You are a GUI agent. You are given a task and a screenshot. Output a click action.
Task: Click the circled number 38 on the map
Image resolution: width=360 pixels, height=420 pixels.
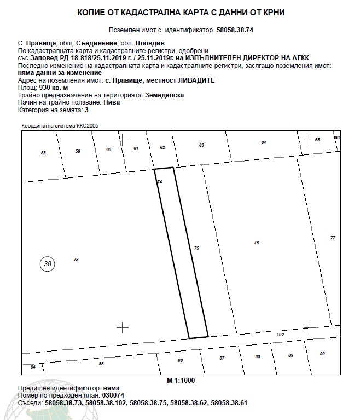point(48,263)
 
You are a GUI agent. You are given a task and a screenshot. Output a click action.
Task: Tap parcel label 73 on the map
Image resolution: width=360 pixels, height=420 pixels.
point(76,259)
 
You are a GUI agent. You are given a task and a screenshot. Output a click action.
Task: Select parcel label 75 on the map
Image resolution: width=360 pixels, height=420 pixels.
point(197,249)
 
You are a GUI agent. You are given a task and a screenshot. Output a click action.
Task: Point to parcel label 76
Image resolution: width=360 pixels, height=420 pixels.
point(256,243)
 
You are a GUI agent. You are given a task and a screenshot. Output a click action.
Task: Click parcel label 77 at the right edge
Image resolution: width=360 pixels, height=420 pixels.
point(333,237)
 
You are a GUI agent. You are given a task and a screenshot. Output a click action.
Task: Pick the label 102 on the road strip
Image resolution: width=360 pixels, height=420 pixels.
point(281,335)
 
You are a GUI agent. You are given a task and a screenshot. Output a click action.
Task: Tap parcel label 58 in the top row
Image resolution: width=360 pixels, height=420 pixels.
point(44,152)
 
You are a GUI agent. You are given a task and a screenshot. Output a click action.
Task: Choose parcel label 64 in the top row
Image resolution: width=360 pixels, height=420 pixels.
point(264,142)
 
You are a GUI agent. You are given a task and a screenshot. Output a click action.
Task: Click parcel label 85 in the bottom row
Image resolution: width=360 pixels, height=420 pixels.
point(101,364)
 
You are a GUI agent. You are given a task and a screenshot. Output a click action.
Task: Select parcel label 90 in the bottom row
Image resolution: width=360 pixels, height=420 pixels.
point(322,354)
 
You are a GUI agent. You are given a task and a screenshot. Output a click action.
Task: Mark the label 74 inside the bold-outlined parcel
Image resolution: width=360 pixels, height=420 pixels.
point(159,181)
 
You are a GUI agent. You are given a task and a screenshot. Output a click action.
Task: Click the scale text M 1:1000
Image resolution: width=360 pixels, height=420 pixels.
point(181,379)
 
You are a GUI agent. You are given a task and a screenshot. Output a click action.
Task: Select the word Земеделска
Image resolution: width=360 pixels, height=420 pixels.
point(164,95)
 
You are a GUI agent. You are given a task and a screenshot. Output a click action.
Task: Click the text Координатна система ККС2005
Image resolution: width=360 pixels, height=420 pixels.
point(60,126)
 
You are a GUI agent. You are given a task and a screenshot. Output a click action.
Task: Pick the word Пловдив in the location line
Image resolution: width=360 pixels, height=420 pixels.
point(150,43)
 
